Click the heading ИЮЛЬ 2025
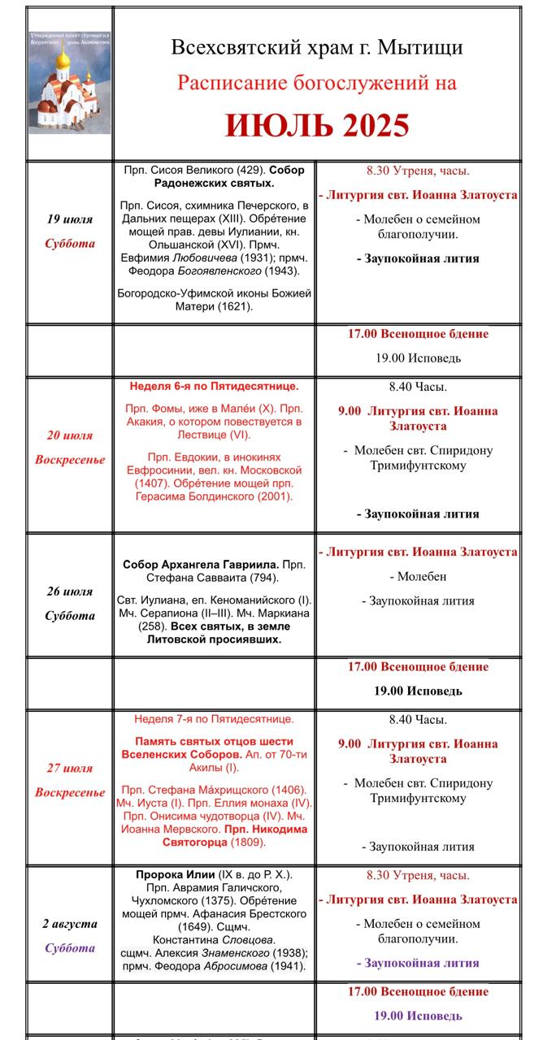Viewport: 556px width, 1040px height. tap(317, 126)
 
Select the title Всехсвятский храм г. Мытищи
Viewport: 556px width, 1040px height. tap(317, 47)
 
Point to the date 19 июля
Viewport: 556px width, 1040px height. tap(70, 219)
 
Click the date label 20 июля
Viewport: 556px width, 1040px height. tap(70, 435)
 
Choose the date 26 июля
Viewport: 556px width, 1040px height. tap(70, 591)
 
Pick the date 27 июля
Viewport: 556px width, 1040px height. tap(70, 768)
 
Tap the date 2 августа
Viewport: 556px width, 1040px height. tap(70, 924)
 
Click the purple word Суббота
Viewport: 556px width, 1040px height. tap(70, 948)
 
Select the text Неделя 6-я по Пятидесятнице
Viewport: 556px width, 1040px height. tap(214, 387)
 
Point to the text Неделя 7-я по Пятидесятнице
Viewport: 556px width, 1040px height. tap(214, 719)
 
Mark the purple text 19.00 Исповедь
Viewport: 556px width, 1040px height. tap(418, 1016)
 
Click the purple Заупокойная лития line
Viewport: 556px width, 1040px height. tap(418, 963)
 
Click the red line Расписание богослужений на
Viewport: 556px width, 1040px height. tap(317, 83)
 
